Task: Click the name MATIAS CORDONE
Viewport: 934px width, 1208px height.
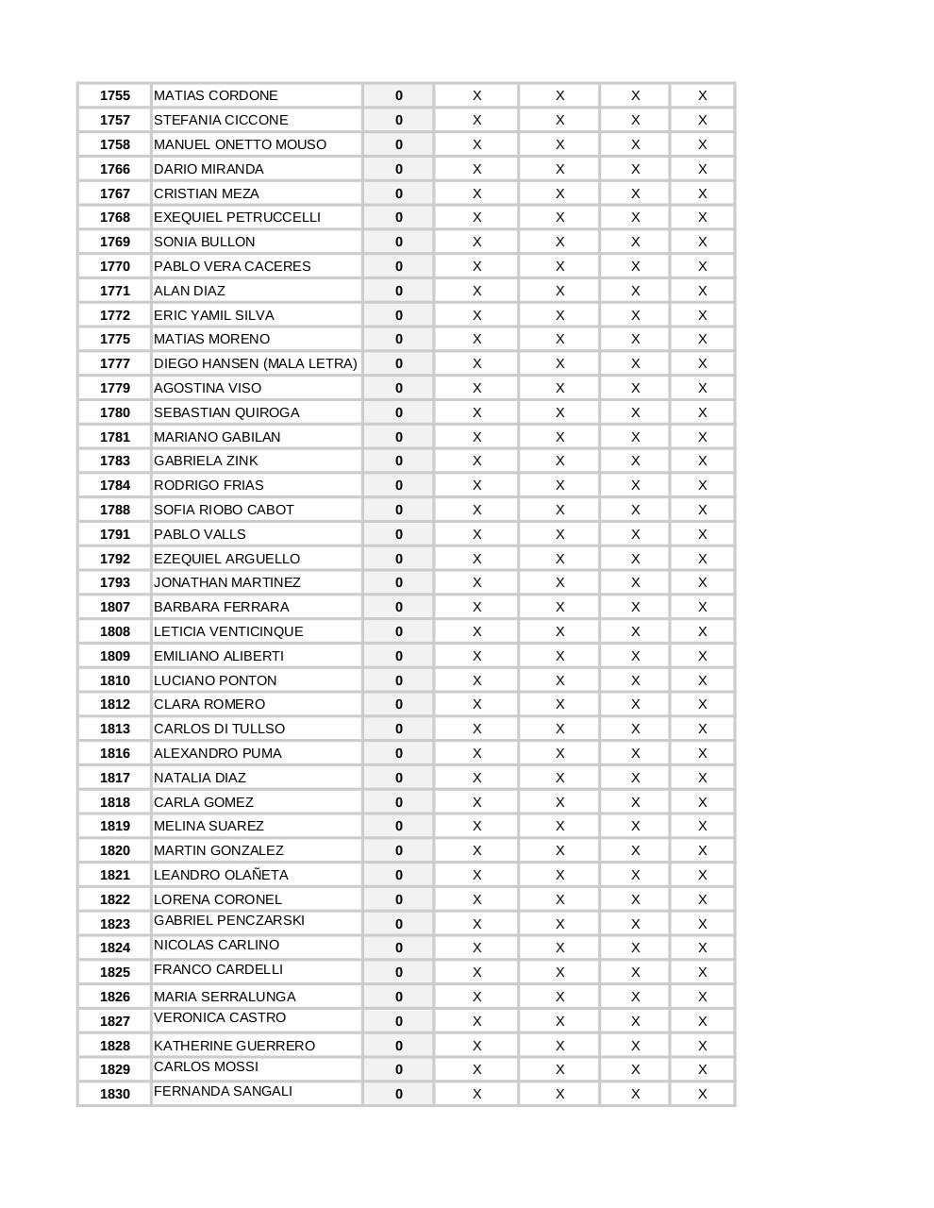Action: pos(216,95)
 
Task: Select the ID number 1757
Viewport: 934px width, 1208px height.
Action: pos(115,120)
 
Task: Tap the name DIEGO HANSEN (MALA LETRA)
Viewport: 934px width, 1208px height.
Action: pos(256,363)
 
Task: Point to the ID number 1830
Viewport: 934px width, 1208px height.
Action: pos(115,1094)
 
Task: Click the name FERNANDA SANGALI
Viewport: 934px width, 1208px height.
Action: pos(223,1091)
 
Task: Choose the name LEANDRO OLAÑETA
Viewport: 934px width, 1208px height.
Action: pos(221,875)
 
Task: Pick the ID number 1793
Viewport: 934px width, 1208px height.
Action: pos(115,582)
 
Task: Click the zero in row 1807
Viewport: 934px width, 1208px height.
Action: pos(399,607)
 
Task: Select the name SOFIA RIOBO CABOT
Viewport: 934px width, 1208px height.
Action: pos(224,510)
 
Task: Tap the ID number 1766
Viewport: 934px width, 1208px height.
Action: pos(115,169)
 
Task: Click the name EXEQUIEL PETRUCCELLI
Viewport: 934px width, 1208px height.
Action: pos(237,217)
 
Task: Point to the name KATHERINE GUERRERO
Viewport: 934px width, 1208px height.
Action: pos(234,1046)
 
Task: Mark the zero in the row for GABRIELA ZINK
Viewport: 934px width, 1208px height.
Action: pos(399,461)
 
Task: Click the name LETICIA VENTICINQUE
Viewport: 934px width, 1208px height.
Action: pos(228,631)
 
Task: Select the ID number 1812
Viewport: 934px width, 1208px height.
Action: pos(115,704)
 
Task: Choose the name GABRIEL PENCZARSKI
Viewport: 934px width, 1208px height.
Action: pos(229,920)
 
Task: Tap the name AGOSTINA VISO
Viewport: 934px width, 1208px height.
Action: pos(208,388)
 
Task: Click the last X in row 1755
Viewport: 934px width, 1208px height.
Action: pos(702,95)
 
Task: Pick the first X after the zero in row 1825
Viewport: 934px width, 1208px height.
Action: pos(476,972)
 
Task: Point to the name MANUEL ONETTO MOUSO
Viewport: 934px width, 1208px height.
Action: pos(240,144)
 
